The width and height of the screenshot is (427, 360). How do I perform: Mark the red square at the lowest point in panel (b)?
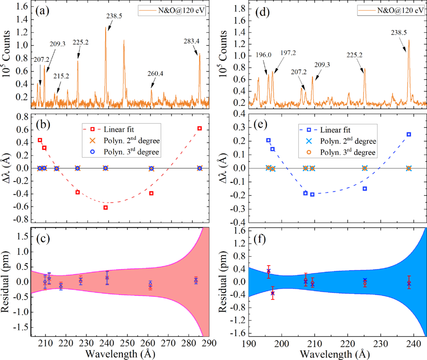click(105, 208)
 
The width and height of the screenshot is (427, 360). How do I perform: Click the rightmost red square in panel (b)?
click(199, 128)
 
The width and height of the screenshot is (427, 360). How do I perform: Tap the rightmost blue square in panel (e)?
click(409, 134)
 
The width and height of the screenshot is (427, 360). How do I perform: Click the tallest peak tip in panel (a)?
click(105, 27)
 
